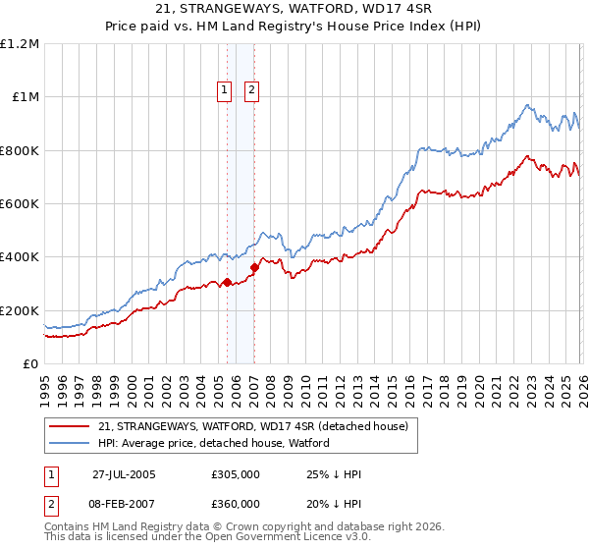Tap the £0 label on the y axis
point(30,363)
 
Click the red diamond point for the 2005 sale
point(227,283)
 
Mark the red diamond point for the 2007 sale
point(254,267)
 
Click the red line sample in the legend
point(70,426)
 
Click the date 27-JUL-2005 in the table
point(124,474)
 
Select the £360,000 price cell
point(236,503)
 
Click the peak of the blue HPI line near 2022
point(527,104)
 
